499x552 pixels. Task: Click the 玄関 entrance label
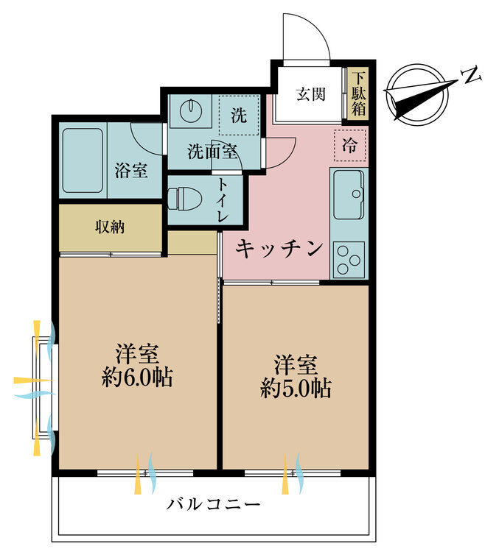tap(310, 94)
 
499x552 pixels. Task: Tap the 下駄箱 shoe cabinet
tap(358, 93)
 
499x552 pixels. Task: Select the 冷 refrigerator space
tap(350, 145)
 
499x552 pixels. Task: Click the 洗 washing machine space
tap(239, 115)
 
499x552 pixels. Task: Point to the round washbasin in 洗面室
tap(192, 110)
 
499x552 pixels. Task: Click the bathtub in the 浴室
tap(83, 160)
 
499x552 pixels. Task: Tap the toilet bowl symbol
tap(184, 199)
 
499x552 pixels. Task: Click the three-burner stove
tap(349, 260)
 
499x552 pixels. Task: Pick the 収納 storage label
tap(110, 227)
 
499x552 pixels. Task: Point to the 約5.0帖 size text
tap(296, 388)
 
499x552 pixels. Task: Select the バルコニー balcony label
tap(213, 504)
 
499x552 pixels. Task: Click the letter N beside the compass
tap(472, 74)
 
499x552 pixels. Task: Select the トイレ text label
tap(223, 200)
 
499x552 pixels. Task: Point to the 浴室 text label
tap(131, 171)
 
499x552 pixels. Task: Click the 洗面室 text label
tap(212, 152)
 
